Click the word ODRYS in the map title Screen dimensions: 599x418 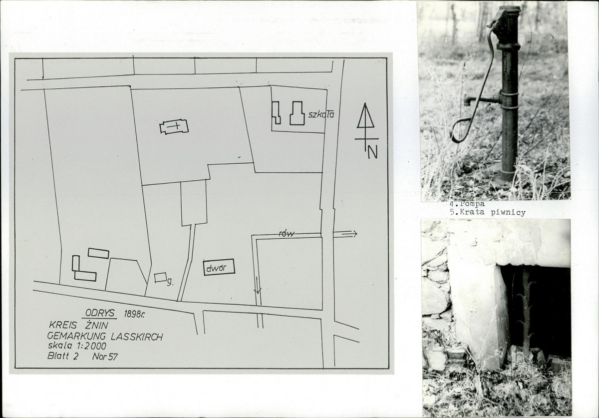tap(100, 313)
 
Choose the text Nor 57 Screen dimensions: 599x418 tap(105, 357)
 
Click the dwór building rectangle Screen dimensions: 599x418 tap(219, 267)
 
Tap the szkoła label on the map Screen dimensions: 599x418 tap(321, 114)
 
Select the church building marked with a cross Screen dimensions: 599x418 tap(174, 126)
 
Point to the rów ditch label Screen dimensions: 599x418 tap(287, 234)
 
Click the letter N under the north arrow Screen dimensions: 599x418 tap(372, 153)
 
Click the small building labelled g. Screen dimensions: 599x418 tap(160, 278)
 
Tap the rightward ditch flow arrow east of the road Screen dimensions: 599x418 tap(345, 234)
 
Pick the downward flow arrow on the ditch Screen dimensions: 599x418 tap(257, 286)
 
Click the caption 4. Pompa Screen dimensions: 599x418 tap(467, 204)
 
